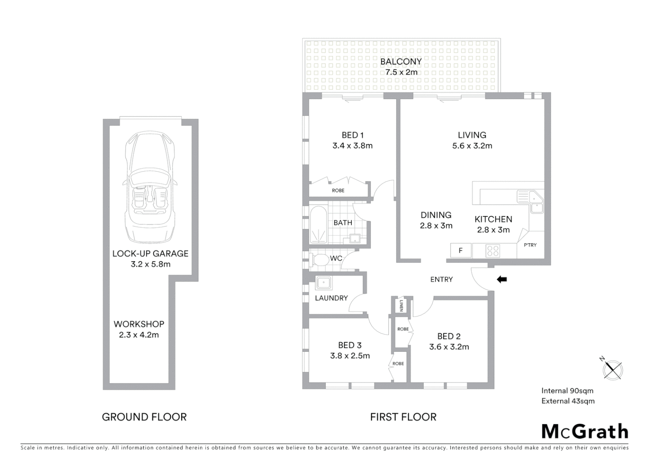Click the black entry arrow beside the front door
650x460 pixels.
coord(502,279)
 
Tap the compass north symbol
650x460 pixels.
coord(613,368)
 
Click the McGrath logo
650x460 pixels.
coord(584,431)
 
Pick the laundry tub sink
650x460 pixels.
coord(323,283)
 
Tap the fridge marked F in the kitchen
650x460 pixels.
coord(460,250)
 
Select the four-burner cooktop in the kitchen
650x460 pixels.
coord(493,251)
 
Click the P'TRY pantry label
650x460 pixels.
coord(530,245)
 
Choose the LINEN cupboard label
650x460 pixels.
coord(401,305)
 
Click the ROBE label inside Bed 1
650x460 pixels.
coord(338,190)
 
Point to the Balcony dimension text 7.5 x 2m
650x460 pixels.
coord(401,72)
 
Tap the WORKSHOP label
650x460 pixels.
coord(139,324)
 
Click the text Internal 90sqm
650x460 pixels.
coord(567,391)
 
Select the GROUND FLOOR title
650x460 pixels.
coord(144,417)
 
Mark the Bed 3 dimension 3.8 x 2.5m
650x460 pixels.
coord(350,356)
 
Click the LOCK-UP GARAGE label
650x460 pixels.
coord(150,253)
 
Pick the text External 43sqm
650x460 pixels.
coord(568,401)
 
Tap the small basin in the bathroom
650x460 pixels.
coord(355,239)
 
